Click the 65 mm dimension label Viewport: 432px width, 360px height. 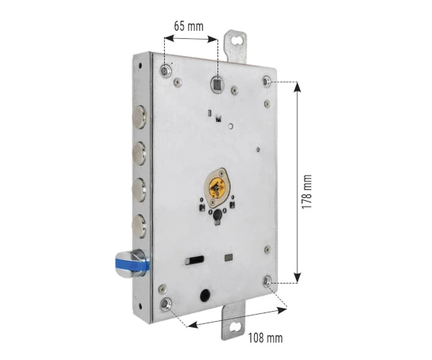click(x=189, y=27)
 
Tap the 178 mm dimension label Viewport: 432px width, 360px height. click(x=307, y=192)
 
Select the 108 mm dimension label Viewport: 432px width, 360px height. click(x=265, y=338)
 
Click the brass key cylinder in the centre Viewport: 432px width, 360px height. click(x=217, y=188)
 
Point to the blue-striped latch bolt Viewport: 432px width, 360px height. click(x=132, y=264)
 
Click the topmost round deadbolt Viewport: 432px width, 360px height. click(x=140, y=117)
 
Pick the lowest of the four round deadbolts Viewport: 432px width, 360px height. click(x=140, y=226)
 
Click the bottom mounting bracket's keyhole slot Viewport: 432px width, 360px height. click(x=235, y=327)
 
